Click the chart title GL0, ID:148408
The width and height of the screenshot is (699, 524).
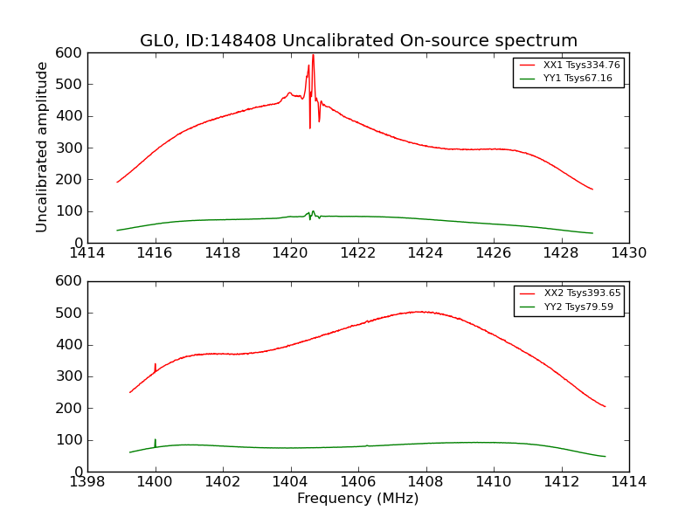pos(358,41)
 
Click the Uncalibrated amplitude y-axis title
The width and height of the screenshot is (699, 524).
pos(42,147)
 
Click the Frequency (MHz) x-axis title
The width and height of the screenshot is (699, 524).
pos(358,499)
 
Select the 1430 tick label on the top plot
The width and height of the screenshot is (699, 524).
pos(628,252)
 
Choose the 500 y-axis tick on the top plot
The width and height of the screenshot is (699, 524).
pos(71,85)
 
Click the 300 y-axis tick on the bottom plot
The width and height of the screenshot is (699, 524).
pos(71,376)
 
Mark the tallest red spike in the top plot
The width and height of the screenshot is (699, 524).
pos(313,56)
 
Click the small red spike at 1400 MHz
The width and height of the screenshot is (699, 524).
pos(156,365)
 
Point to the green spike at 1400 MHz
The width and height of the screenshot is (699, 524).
pos(156,440)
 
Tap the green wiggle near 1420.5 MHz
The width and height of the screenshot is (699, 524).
pos(312,213)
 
